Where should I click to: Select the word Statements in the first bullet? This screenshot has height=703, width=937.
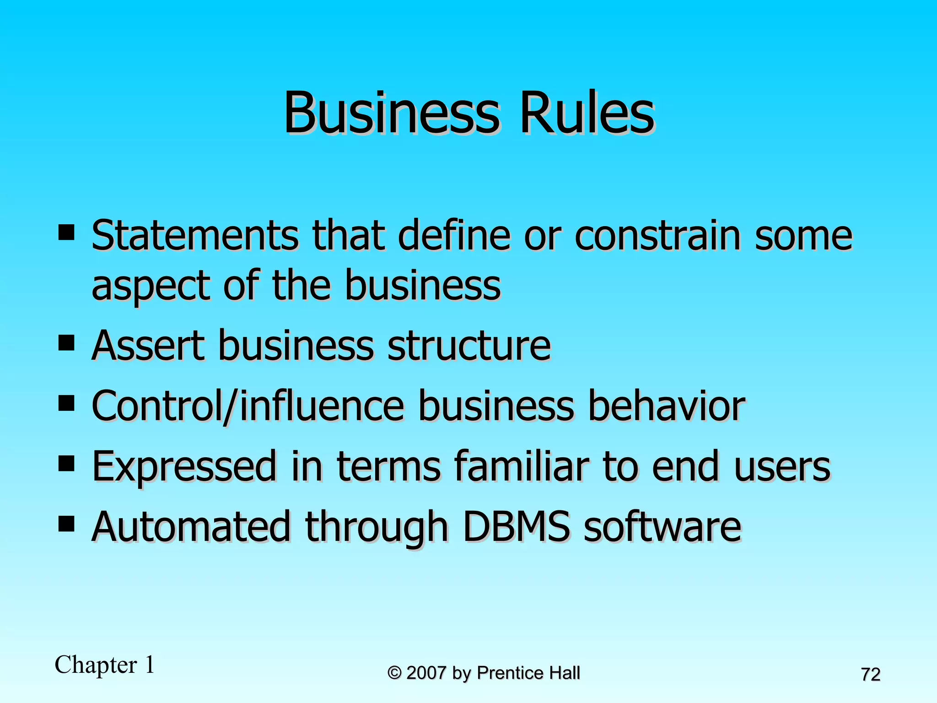pos(195,235)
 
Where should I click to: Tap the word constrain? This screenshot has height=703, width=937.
pos(657,235)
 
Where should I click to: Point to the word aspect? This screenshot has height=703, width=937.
pos(151,287)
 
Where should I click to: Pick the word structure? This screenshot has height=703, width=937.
pos(469,345)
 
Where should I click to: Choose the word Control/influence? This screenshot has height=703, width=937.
pos(248,406)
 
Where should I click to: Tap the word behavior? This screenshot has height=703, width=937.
pos(666,406)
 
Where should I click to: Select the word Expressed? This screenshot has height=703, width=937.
pos(184,467)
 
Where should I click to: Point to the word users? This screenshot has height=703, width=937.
pos(782,467)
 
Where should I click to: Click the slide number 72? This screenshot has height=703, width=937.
pos(871,675)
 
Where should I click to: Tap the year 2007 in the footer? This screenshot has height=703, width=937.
pos(426,673)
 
